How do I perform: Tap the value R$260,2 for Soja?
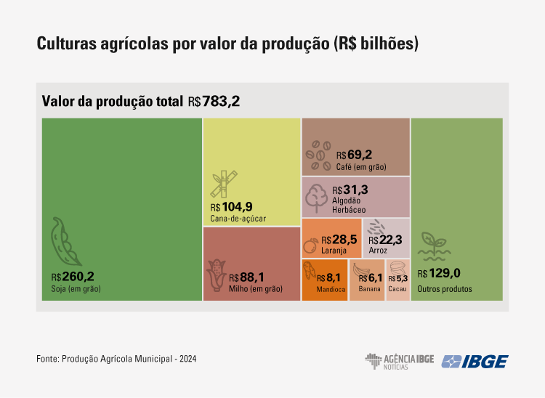[x=73, y=277]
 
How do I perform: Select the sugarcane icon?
[x=221, y=184]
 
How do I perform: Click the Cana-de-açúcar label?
[x=238, y=218]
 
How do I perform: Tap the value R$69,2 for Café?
[x=354, y=155]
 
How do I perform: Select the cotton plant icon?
[x=317, y=196]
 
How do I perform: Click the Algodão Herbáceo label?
[x=350, y=204]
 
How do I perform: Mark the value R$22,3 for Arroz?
[x=385, y=240]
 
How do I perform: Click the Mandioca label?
[x=330, y=289]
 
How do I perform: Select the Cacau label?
[x=397, y=289]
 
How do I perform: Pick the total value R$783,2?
[x=214, y=102]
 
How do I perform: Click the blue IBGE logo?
[x=476, y=361]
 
